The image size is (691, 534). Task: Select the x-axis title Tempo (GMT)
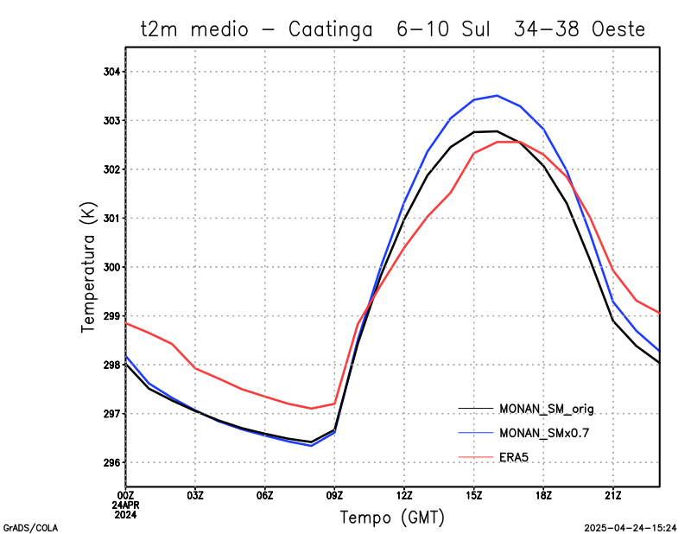coord(393,518)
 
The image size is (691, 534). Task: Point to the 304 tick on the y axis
coord(113,72)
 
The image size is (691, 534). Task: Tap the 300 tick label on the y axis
coord(113,267)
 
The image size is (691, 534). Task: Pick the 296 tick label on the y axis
coord(113,463)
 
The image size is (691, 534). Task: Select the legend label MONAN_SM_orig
coord(547,408)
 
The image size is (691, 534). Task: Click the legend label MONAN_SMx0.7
coord(546,432)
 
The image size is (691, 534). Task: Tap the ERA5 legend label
coord(517,456)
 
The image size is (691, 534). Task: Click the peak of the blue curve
coord(497,95)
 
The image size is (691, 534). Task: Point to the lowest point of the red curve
coord(311,408)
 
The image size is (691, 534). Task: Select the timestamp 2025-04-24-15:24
coord(630,526)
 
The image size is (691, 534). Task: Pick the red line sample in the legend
coord(475,456)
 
